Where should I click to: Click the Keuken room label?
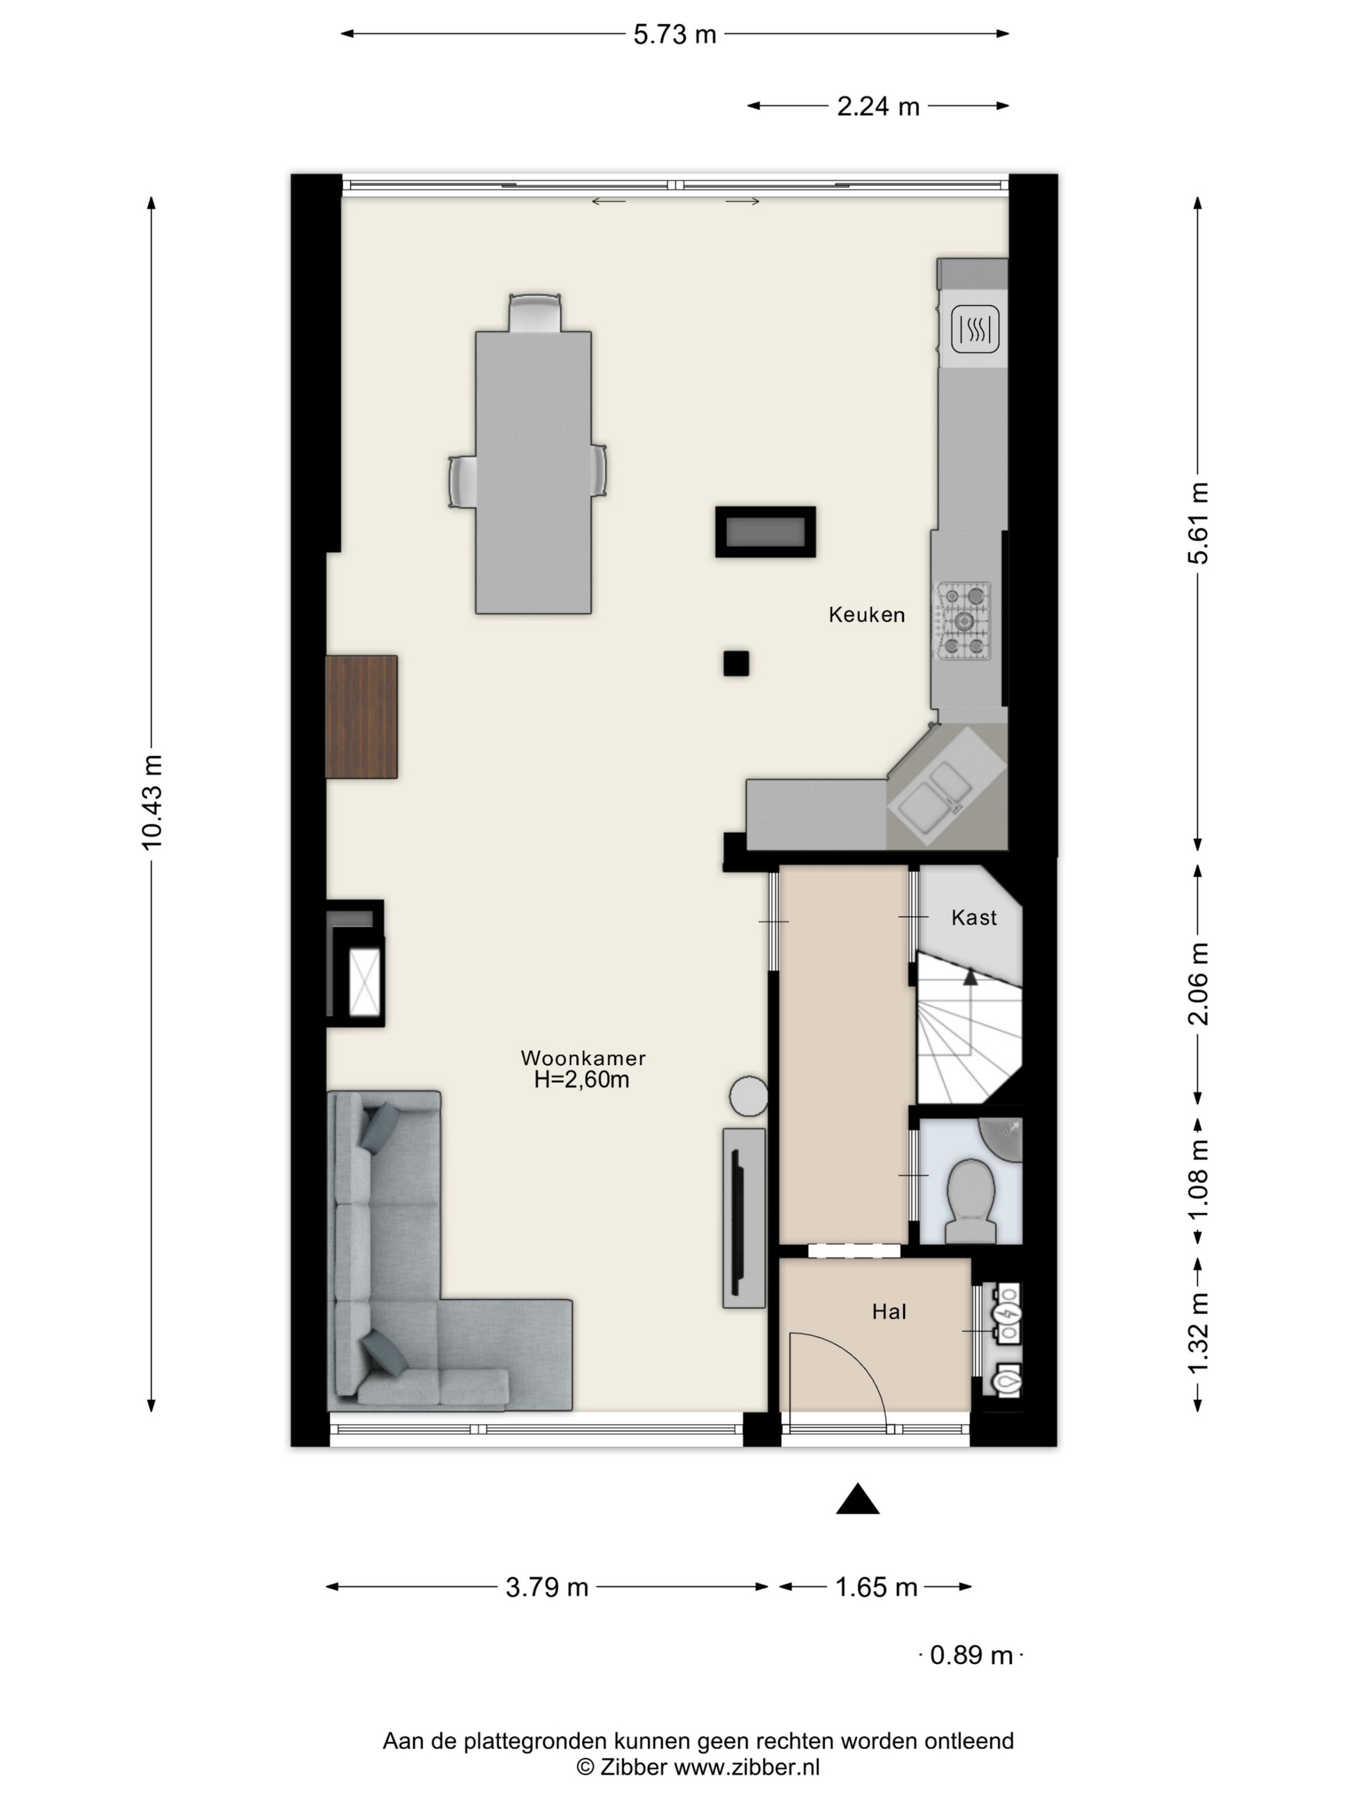click(866, 615)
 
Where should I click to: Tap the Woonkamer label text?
click(583, 1058)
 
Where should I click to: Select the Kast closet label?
click(973, 917)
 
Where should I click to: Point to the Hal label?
click(889, 1312)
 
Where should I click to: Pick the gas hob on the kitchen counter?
click(964, 621)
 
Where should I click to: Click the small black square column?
click(736, 664)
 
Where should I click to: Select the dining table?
click(533, 472)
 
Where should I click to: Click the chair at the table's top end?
click(534, 312)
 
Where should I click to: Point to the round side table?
click(748, 1096)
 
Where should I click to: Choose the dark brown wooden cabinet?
click(361, 716)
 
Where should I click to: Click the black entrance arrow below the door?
click(858, 1499)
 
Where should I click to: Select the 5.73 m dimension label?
click(675, 34)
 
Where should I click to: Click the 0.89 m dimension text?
click(971, 1655)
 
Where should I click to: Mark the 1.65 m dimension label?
click(877, 1587)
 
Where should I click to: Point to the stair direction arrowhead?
click(969, 976)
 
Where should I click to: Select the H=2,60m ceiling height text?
click(581, 1080)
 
